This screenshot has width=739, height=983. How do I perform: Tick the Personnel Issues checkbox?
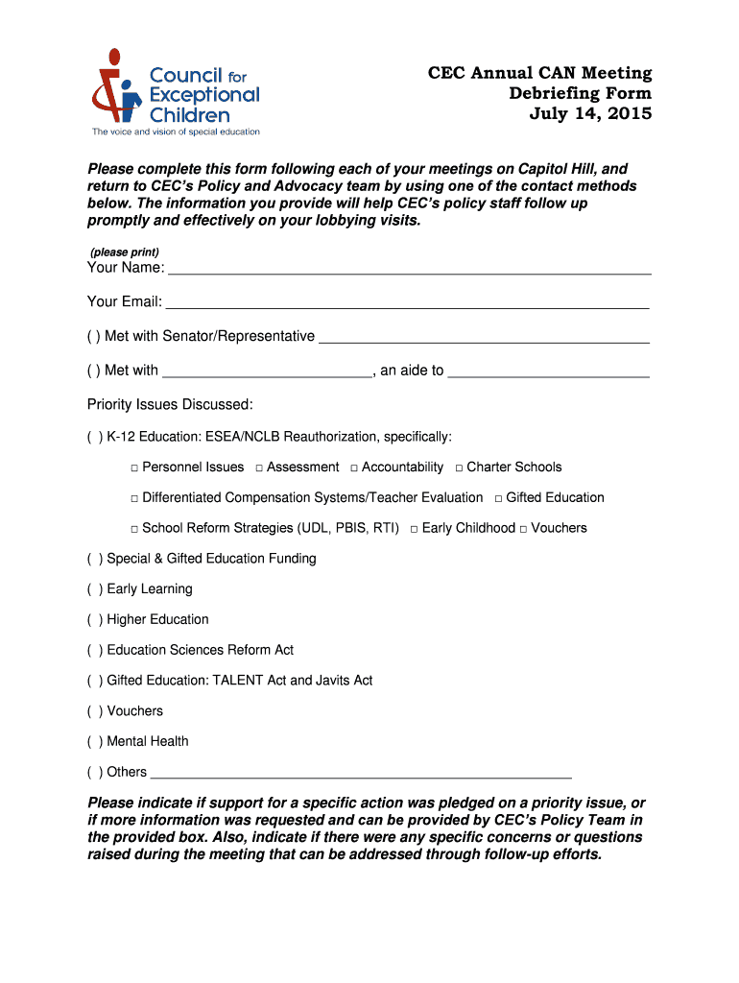click(x=135, y=468)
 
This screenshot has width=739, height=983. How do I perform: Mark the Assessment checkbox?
click(x=260, y=468)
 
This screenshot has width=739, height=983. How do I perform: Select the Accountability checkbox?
click(x=354, y=468)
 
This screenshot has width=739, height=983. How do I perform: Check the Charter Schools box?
click(x=459, y=468)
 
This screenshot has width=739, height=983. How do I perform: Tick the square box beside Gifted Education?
click(x=498, y=498)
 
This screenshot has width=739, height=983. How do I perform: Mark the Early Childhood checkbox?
click(x=414, y=529)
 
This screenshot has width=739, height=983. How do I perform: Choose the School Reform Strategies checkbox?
click(x=135, y=529)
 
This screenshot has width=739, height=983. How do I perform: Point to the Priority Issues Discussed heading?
click(x=170, y=405)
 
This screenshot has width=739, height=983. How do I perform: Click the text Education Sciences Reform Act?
click(x=200, y=651)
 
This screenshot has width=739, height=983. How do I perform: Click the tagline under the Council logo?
click(x=175, y=132)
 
